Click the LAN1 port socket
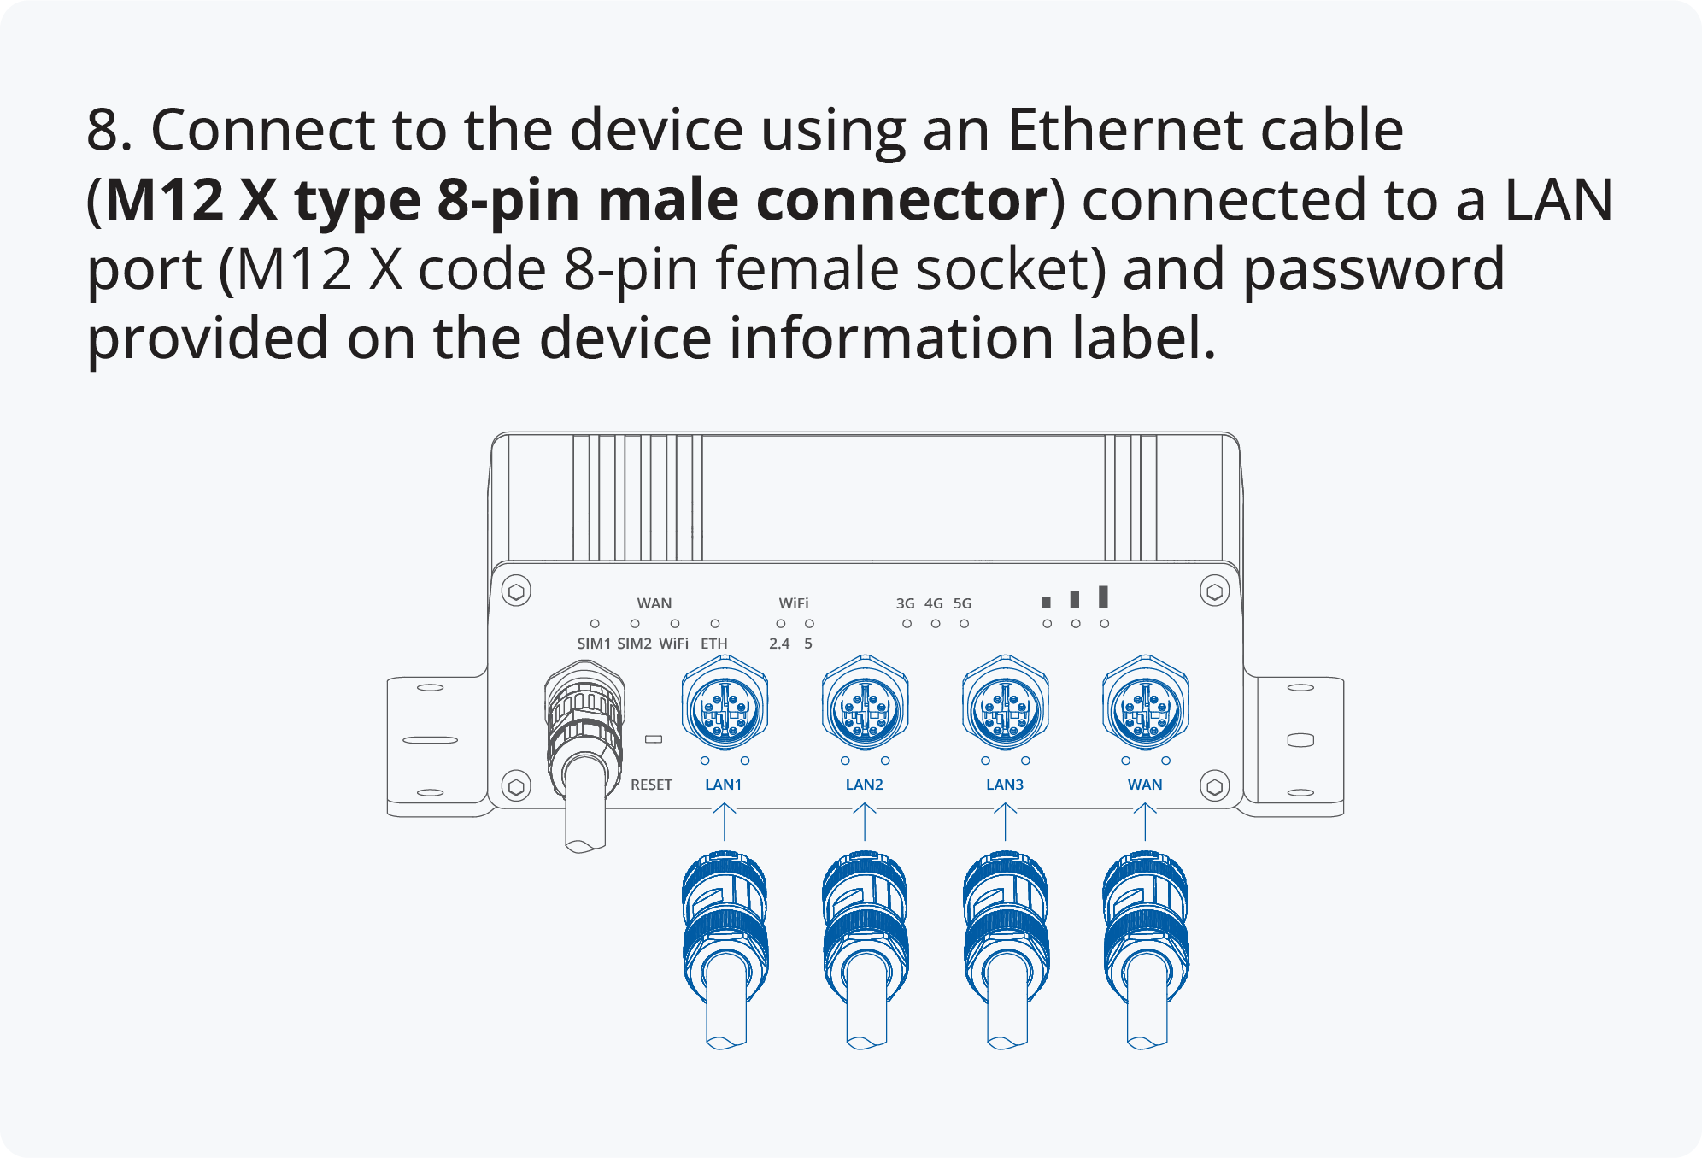725,707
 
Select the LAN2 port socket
865,707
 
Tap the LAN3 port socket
1005,707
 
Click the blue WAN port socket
1145,707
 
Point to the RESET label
651,785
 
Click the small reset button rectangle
654,739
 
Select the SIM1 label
594,644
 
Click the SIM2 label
634,644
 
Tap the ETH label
714,644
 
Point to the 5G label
962,603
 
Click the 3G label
906,603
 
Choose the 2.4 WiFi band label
779,644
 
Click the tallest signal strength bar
1103,597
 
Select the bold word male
667,200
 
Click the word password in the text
1373,269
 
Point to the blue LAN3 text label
1005,785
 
